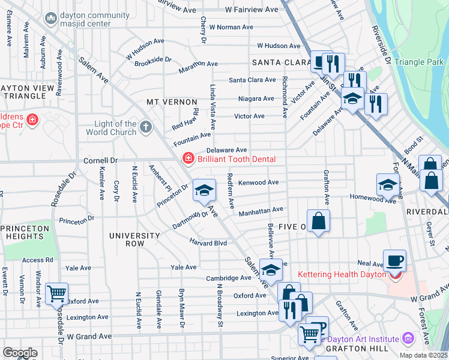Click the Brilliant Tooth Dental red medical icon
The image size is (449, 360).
tap(188, 158)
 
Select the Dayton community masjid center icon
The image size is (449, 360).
tap(50, 19)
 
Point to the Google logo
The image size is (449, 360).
tap(20, 352)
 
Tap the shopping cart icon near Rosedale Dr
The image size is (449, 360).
tap(56, 293)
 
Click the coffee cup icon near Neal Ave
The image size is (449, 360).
tap(394, 260)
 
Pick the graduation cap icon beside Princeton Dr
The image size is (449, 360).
tap(204, 190)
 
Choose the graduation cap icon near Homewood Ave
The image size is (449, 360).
tap(388, 184)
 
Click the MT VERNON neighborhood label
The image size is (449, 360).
tap(172, 103)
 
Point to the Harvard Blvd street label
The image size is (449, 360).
tap(208, 243)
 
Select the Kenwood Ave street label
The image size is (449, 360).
tap(258, 182)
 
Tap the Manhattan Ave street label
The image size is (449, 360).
tap(261, 210)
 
